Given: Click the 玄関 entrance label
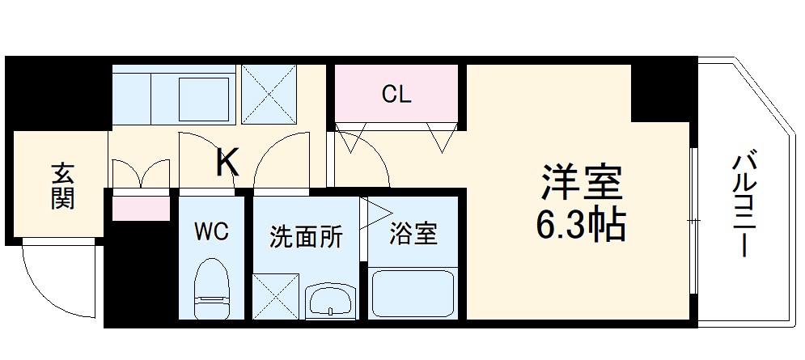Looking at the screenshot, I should pos(63,185).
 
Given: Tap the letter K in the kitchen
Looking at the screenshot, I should pos(228,163).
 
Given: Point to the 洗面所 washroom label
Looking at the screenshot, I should pos(306,237).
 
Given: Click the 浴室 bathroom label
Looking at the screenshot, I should pos(413,235).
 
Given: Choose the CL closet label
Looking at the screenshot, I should pos(396,95).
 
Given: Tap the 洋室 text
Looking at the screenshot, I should pos(581,184).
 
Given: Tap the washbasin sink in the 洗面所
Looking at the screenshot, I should pos(331,301).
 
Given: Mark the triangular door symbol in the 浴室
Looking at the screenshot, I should pos(377,212).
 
